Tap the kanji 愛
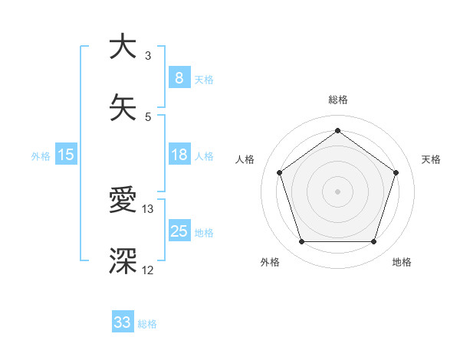[123, 200]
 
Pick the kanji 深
[123, 261]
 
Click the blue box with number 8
[179, 77]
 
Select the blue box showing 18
[179, 155]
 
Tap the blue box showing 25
[179, 231]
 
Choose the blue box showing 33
[123, 322]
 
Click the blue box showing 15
[66, 155]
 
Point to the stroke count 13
[148, 208]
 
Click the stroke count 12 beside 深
[148, 270]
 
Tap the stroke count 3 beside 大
[148, 55]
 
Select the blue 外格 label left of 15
[41, 156]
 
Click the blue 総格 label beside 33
[147, 324]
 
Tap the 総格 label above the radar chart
[337, 100]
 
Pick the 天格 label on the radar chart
[431, 159]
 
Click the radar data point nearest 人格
[279, 172]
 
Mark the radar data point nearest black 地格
[373, 242]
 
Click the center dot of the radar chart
[337, 191]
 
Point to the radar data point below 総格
[337, 130]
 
